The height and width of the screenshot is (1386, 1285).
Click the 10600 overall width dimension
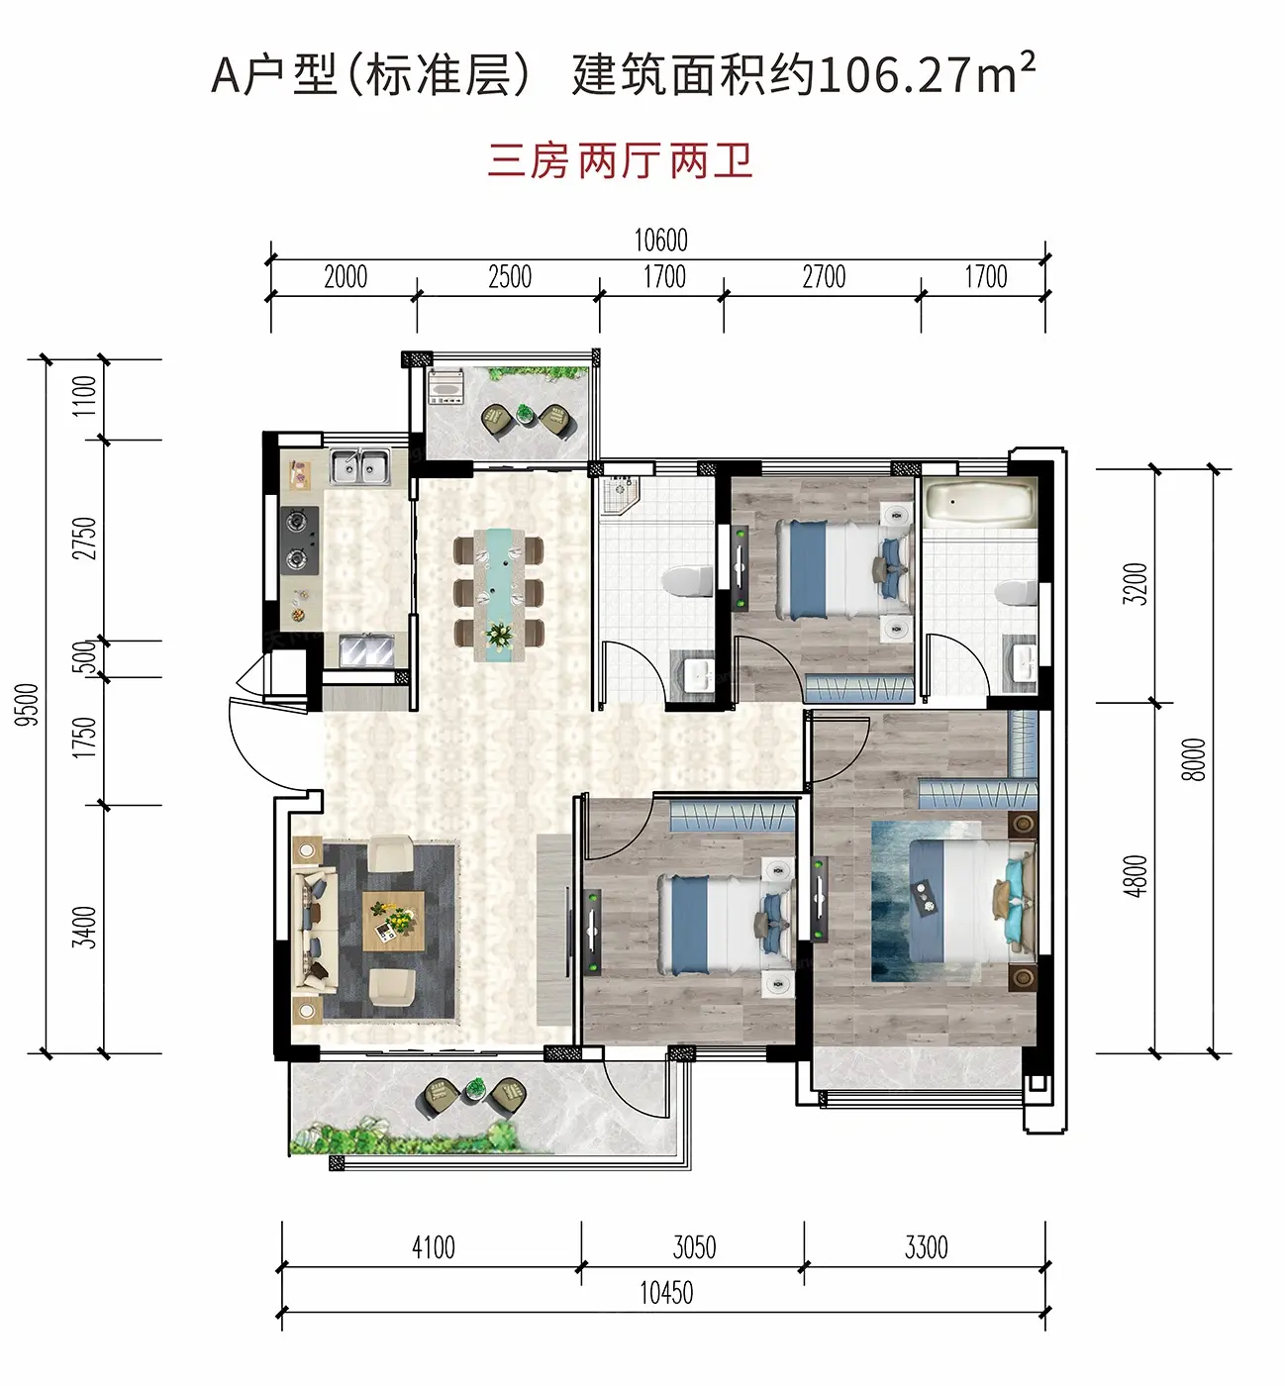click(660, 240)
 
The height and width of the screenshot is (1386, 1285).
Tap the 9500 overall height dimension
click(27, 705)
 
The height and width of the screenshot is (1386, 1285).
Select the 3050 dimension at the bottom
click(694, 1247)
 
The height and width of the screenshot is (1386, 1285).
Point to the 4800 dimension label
click(1137, 876)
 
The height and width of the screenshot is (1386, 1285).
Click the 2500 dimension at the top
click(510, 277)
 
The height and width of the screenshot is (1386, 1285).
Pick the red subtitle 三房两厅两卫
click(620, 161)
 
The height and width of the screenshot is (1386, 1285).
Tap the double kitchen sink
click(359, 465)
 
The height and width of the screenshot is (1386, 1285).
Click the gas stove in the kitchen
click(300, 541)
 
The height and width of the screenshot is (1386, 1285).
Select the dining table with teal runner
click(499, 595)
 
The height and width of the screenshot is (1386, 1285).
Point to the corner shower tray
click(617, 495)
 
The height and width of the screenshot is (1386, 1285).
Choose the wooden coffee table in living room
click(393, 921)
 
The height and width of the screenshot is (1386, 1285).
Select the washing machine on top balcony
click(446, 387)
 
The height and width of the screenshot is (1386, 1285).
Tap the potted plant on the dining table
click(499, 635)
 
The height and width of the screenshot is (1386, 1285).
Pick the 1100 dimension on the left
click(85, 396)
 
